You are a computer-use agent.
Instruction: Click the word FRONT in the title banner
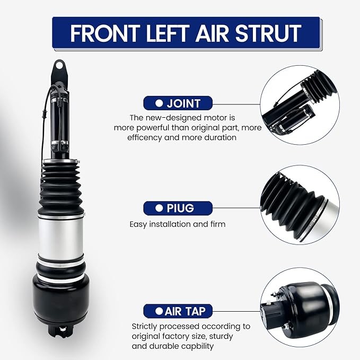105,33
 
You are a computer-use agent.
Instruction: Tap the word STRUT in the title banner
268,33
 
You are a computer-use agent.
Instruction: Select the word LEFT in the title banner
168,33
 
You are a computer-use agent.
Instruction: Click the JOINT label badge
178,103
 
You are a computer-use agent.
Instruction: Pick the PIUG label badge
178,208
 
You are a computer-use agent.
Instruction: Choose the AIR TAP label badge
178,311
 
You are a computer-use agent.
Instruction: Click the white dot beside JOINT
159,103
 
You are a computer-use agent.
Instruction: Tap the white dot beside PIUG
159,208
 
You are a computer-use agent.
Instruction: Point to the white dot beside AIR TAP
159,311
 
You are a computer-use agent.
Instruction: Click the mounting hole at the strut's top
59,66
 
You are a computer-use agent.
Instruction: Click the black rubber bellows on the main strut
60,188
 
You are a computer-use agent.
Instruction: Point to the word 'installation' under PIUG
170,224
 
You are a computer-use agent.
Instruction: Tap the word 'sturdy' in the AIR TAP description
222,336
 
